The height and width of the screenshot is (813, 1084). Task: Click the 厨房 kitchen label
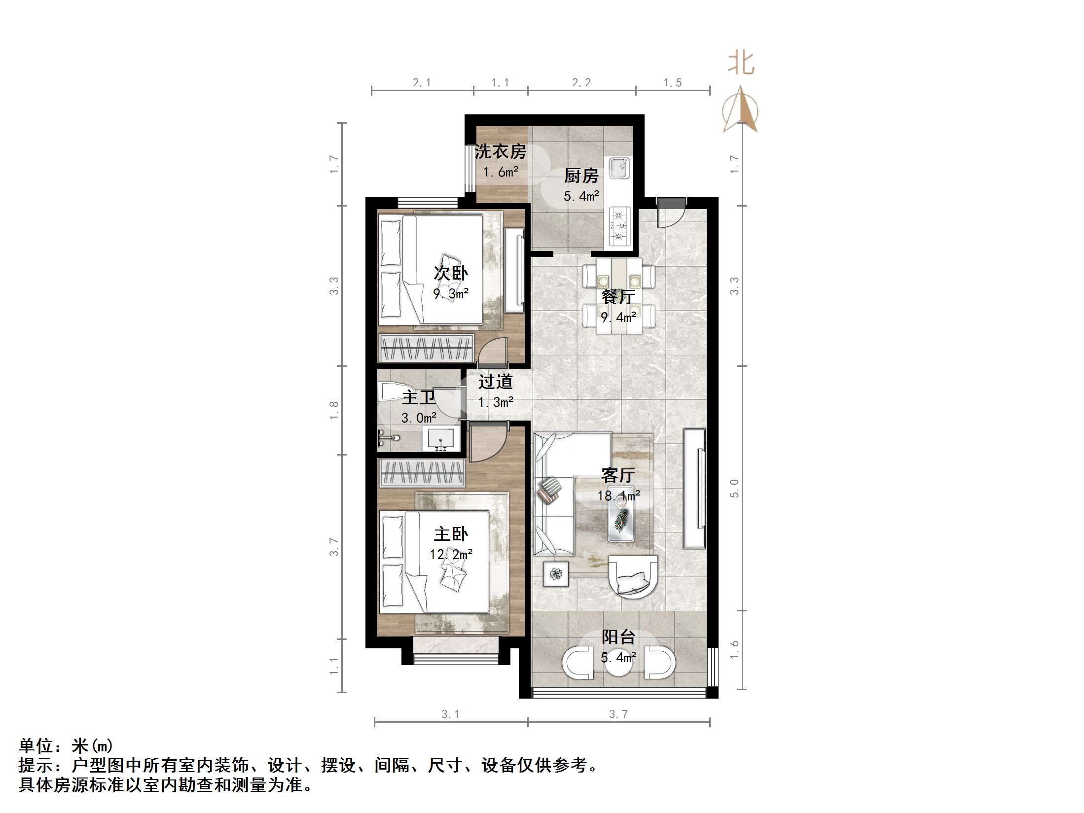coord(581,176)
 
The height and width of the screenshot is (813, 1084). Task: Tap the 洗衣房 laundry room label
coord(500,151)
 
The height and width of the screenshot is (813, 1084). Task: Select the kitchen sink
coord(618,168)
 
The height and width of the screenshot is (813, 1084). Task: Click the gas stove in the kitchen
coord(619,226)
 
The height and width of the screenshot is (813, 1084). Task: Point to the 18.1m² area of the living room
coord(618,495)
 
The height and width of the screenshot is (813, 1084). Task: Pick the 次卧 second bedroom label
coord(451,273)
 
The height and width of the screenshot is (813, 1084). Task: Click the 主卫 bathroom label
coord(418,397)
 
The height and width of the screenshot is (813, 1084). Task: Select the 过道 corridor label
coord(496,382)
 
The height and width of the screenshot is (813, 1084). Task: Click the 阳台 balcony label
coord(618,637)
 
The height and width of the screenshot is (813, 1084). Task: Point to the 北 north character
coord(741,64)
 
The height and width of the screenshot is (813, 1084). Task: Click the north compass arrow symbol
coord(740,110)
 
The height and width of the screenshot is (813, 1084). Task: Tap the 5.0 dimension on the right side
coord(734,488)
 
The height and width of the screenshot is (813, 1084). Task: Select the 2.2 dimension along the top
coord(581,83)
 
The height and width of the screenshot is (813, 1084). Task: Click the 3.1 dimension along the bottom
coord(450,714)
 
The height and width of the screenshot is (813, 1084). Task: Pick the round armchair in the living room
coord(633,577)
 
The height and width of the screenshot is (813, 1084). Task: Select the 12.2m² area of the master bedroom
coord(451,555)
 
